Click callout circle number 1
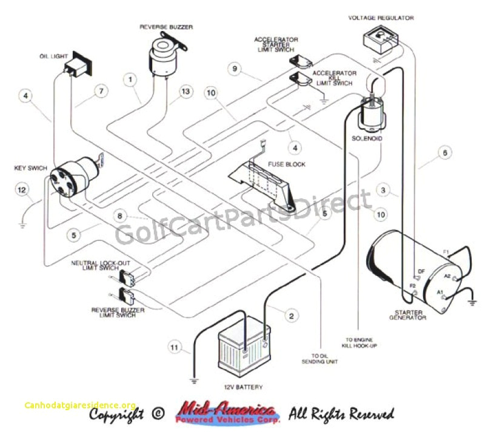(130, 78)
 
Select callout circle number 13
(186, 92)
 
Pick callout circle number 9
(234, 69)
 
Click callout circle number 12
(22, 191)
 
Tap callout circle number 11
(175, 348)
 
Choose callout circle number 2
(292, 315)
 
